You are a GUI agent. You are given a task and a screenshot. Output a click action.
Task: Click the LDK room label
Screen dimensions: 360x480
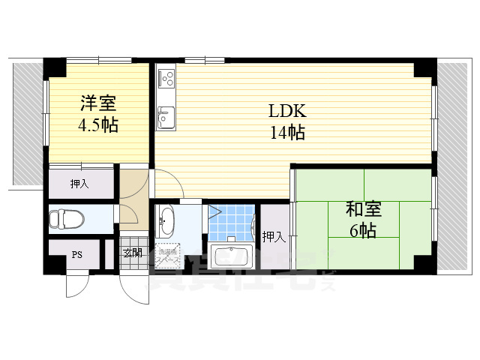287,111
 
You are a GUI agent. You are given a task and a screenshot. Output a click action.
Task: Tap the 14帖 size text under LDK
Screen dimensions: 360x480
287,133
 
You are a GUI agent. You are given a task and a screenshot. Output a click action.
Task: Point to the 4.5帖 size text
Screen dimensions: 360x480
98,124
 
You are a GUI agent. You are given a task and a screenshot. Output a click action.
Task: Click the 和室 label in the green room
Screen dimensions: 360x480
362,209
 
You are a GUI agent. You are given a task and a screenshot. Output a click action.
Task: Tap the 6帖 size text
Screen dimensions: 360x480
362,230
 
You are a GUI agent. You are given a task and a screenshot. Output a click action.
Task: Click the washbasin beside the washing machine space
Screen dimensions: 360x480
166,220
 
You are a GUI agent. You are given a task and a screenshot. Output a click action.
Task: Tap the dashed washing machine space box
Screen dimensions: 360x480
167,256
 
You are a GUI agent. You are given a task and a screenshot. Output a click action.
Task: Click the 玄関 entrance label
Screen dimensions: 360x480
132,253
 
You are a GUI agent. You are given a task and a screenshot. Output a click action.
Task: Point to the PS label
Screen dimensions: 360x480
76,254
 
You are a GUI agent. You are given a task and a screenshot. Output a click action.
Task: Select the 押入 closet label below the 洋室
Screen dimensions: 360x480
79,184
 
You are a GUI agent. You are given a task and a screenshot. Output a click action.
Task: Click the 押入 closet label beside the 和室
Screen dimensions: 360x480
274,237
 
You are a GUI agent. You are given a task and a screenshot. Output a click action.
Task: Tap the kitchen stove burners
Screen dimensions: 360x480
166,77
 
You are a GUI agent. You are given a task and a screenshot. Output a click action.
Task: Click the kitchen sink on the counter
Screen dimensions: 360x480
166,116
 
